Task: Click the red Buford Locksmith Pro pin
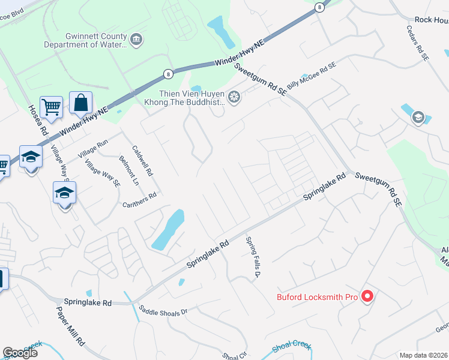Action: (x=369, y=296)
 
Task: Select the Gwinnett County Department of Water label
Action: (x=85, y=40)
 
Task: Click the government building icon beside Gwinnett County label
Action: (x=136, y=40)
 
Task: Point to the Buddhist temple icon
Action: (x=234, y=96)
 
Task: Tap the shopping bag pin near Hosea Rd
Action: (x=80, y=104)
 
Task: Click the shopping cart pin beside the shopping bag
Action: (x=51, y=108)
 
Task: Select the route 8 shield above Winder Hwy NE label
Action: (x=167, y=73)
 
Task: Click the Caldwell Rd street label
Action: (x=143, y=161)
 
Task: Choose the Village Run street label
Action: (x=92, y=149)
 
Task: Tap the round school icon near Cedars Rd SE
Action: (x=417, y=117)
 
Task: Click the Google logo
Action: (x=20, y=352)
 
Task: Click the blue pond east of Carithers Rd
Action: (x=169, y=230)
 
